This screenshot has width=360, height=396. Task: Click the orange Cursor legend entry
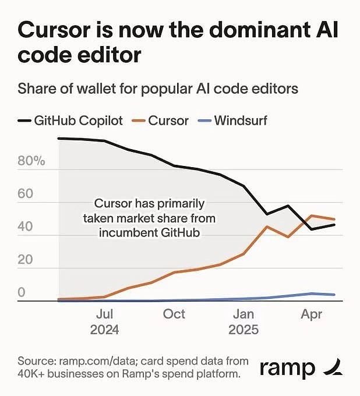tap(168, 121)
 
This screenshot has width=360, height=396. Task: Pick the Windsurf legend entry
tap(240, 121)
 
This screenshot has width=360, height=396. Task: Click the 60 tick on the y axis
tap(25, 195)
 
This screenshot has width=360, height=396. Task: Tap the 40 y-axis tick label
tap(25, 227)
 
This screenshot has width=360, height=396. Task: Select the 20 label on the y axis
tap(25, 260)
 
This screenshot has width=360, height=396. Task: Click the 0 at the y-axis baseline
tap(22, 293)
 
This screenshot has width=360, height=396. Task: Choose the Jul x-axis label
tap(105, 314)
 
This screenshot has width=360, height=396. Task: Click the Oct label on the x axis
tap(174, 314)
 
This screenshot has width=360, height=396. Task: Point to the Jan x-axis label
tap(243, 314)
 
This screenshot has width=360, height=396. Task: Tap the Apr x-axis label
tap(312, 314)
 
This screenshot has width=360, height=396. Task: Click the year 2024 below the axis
tap(105, 330)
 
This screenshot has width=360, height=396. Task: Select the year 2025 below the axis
tap(243, 330)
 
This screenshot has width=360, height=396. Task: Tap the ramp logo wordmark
tap(287, 368)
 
